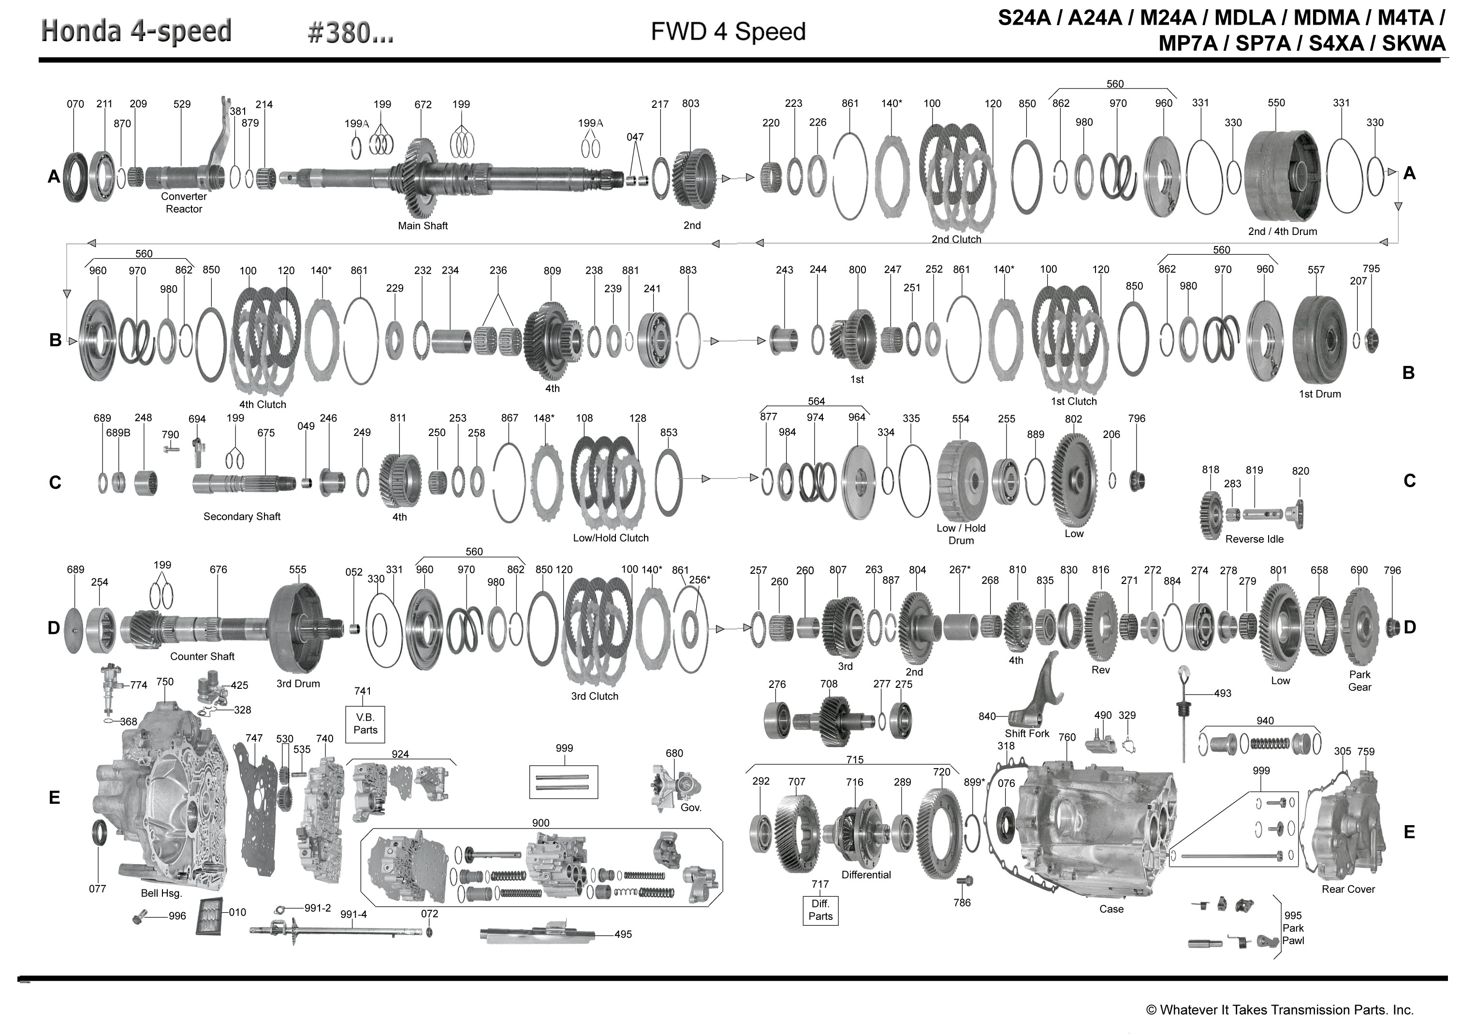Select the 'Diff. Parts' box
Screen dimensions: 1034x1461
[x=820, y=910]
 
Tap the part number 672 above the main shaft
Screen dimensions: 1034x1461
[x=423, y=104]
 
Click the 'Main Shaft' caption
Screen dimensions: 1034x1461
[x=423, y=225]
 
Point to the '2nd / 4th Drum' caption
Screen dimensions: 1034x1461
[x=1282, y=231]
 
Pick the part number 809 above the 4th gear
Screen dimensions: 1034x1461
[x=552, y=271]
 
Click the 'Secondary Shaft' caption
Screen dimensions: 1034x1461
[x=242, y=516]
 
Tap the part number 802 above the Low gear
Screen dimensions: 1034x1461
[x=1073, y=419]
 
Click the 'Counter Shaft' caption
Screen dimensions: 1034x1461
[x=203, y=656]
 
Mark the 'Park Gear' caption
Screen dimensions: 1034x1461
[x=1360, y=681]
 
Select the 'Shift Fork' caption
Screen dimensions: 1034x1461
[x=1027, y=733]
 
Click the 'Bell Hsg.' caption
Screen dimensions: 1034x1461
[x=161, y=893]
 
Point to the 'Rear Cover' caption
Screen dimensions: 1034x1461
[x=1348, y=889]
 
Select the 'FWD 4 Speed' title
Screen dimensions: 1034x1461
[x=728, y=32]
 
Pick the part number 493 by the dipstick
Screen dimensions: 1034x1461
[x=1222, y=693]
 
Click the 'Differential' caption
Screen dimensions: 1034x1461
[x=866, y=875]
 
